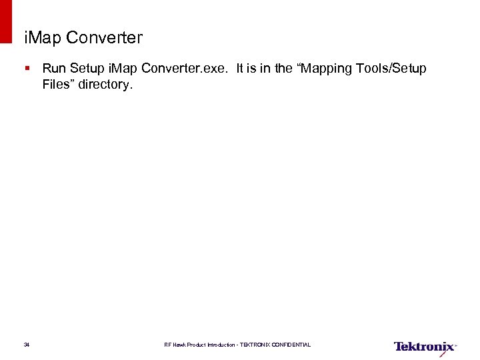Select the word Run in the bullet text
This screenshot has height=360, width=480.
pos(53,69)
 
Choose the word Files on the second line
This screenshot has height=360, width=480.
pos(58,85)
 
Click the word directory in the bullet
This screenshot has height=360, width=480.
pos(106,85)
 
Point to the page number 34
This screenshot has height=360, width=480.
pos(27,345)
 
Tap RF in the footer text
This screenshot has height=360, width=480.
pos(168,345)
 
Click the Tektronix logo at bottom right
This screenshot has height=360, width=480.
pos(425,347)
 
